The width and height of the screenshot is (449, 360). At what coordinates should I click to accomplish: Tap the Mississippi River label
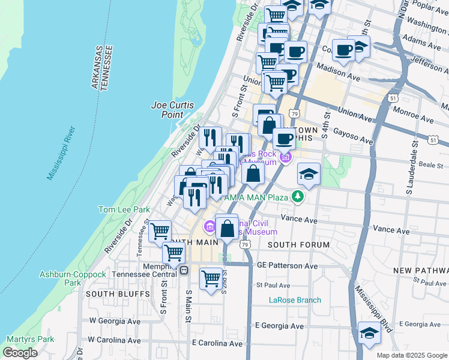[60, 153]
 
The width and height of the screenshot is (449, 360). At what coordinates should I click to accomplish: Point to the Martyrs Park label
[28, 339]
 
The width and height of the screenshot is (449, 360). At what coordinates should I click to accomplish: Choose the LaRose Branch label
[294, 300]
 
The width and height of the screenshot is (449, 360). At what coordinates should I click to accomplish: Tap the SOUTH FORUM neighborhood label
[298, 245]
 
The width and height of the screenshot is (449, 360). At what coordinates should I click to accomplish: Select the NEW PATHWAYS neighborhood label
[421, 271]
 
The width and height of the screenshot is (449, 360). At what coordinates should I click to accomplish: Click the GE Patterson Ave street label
[287, 265]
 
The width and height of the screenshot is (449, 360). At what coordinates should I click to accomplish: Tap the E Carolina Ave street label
[217, 344]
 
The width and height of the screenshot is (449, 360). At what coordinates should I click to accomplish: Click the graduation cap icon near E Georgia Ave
[369, 334]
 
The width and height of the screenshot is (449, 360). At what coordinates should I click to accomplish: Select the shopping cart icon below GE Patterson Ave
[211, 278]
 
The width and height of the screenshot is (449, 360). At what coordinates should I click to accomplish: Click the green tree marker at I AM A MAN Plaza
[297, 197]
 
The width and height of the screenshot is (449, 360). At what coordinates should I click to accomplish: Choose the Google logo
[20, 353]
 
